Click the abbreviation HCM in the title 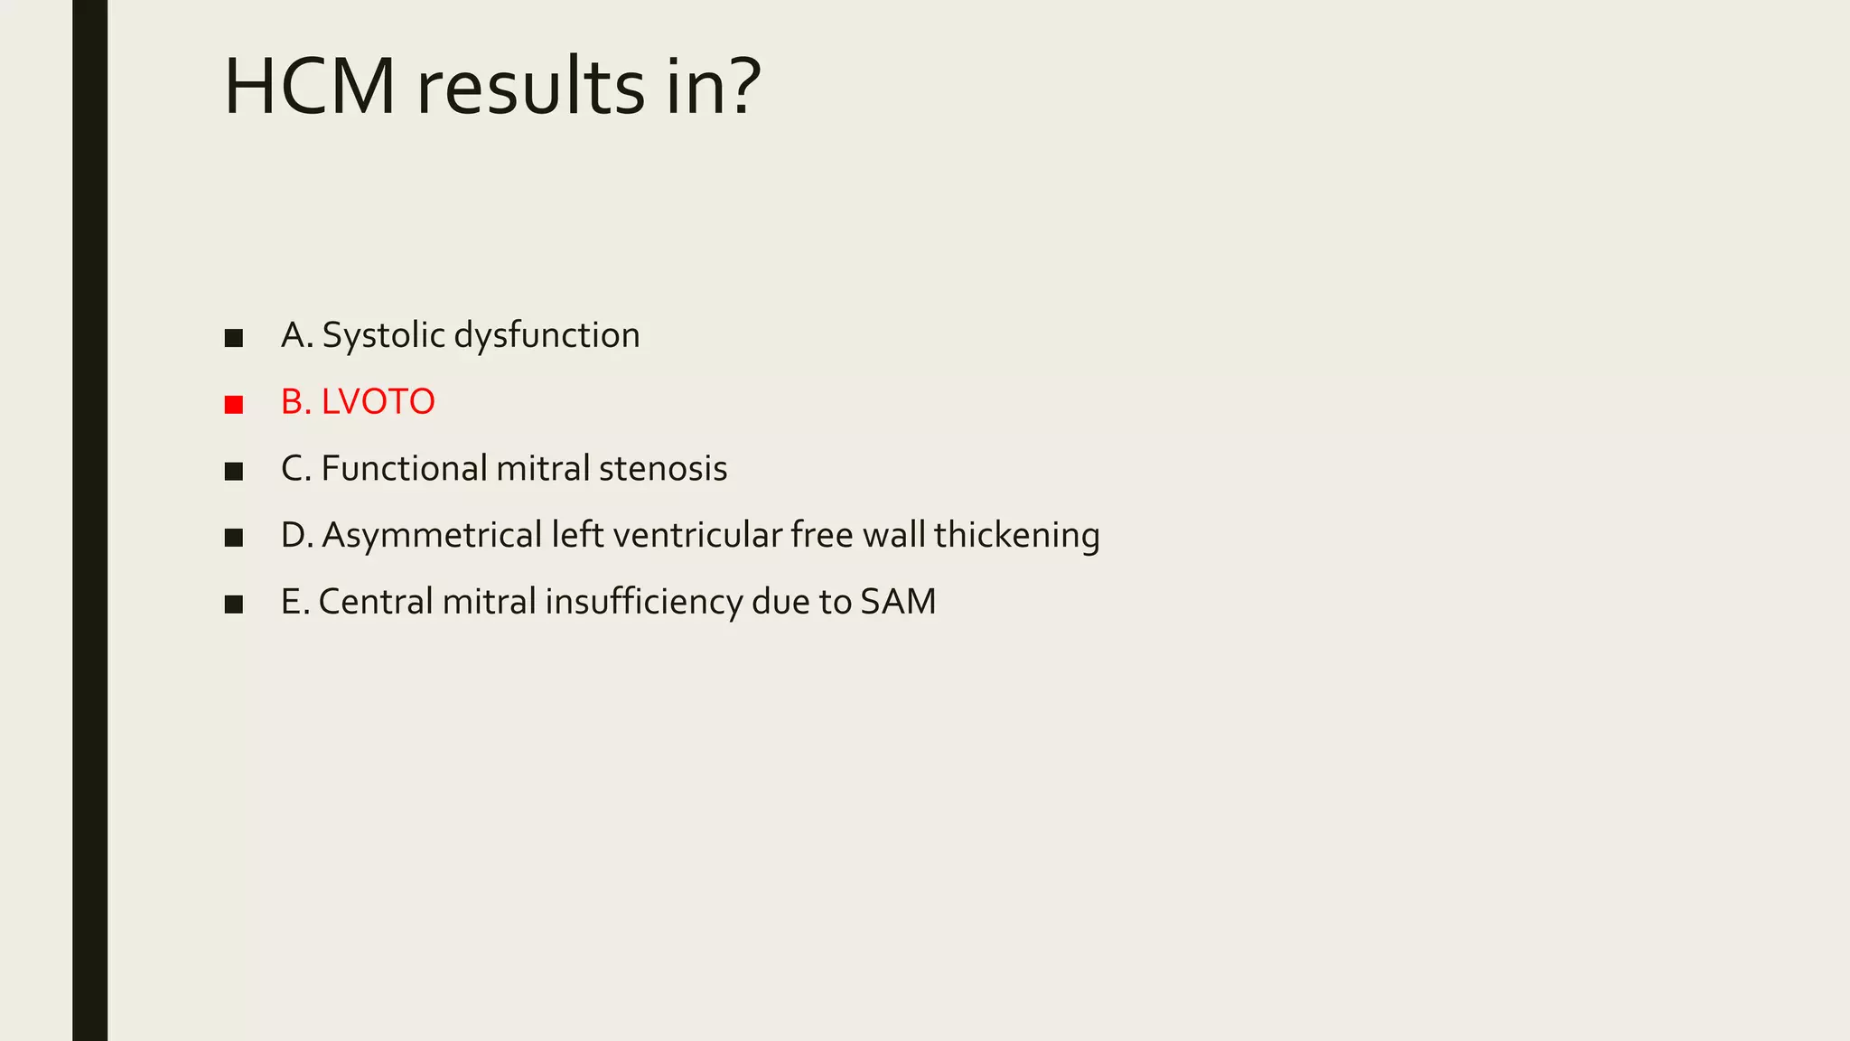pos(309,88)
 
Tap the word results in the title pos(530,88)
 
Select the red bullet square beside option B pos(234,404)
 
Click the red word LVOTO pos(378,402)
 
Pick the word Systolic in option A pos(383,335)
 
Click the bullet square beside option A pos(234,338)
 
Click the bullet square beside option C pos(234,471)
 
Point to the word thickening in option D pos(1016,535)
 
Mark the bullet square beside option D pos(234,538)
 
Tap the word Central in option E pos(376,602)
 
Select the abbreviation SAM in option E pos(898,602)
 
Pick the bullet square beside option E pos(234,605)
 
